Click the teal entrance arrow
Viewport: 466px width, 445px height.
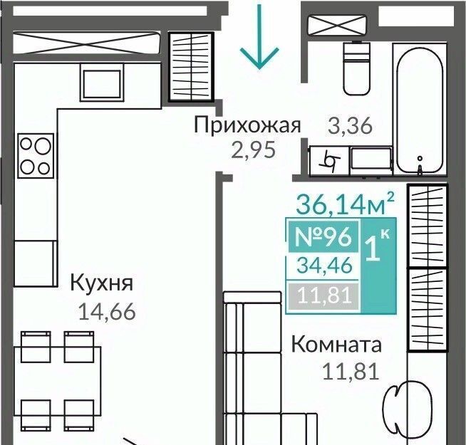coord(259,37)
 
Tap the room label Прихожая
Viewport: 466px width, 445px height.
coord(247,125)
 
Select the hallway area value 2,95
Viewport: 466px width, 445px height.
coord(254,150)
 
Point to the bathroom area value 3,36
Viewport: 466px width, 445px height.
coord(350,125)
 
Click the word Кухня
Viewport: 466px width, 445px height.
coord(102,283)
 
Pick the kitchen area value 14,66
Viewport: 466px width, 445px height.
coord(107,312)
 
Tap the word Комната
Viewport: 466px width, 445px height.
coord(336,345)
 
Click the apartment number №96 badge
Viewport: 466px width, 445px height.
coord(323,237)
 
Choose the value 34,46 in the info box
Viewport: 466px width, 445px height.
coord(324,266)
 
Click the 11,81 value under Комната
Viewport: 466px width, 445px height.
coord(351,372)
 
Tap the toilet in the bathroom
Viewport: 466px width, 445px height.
coord(357,68)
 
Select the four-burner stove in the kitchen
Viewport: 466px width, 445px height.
coord(36,156)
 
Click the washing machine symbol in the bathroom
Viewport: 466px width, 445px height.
coord(328,161)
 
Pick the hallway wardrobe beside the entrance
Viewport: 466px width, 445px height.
coord(192,67)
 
